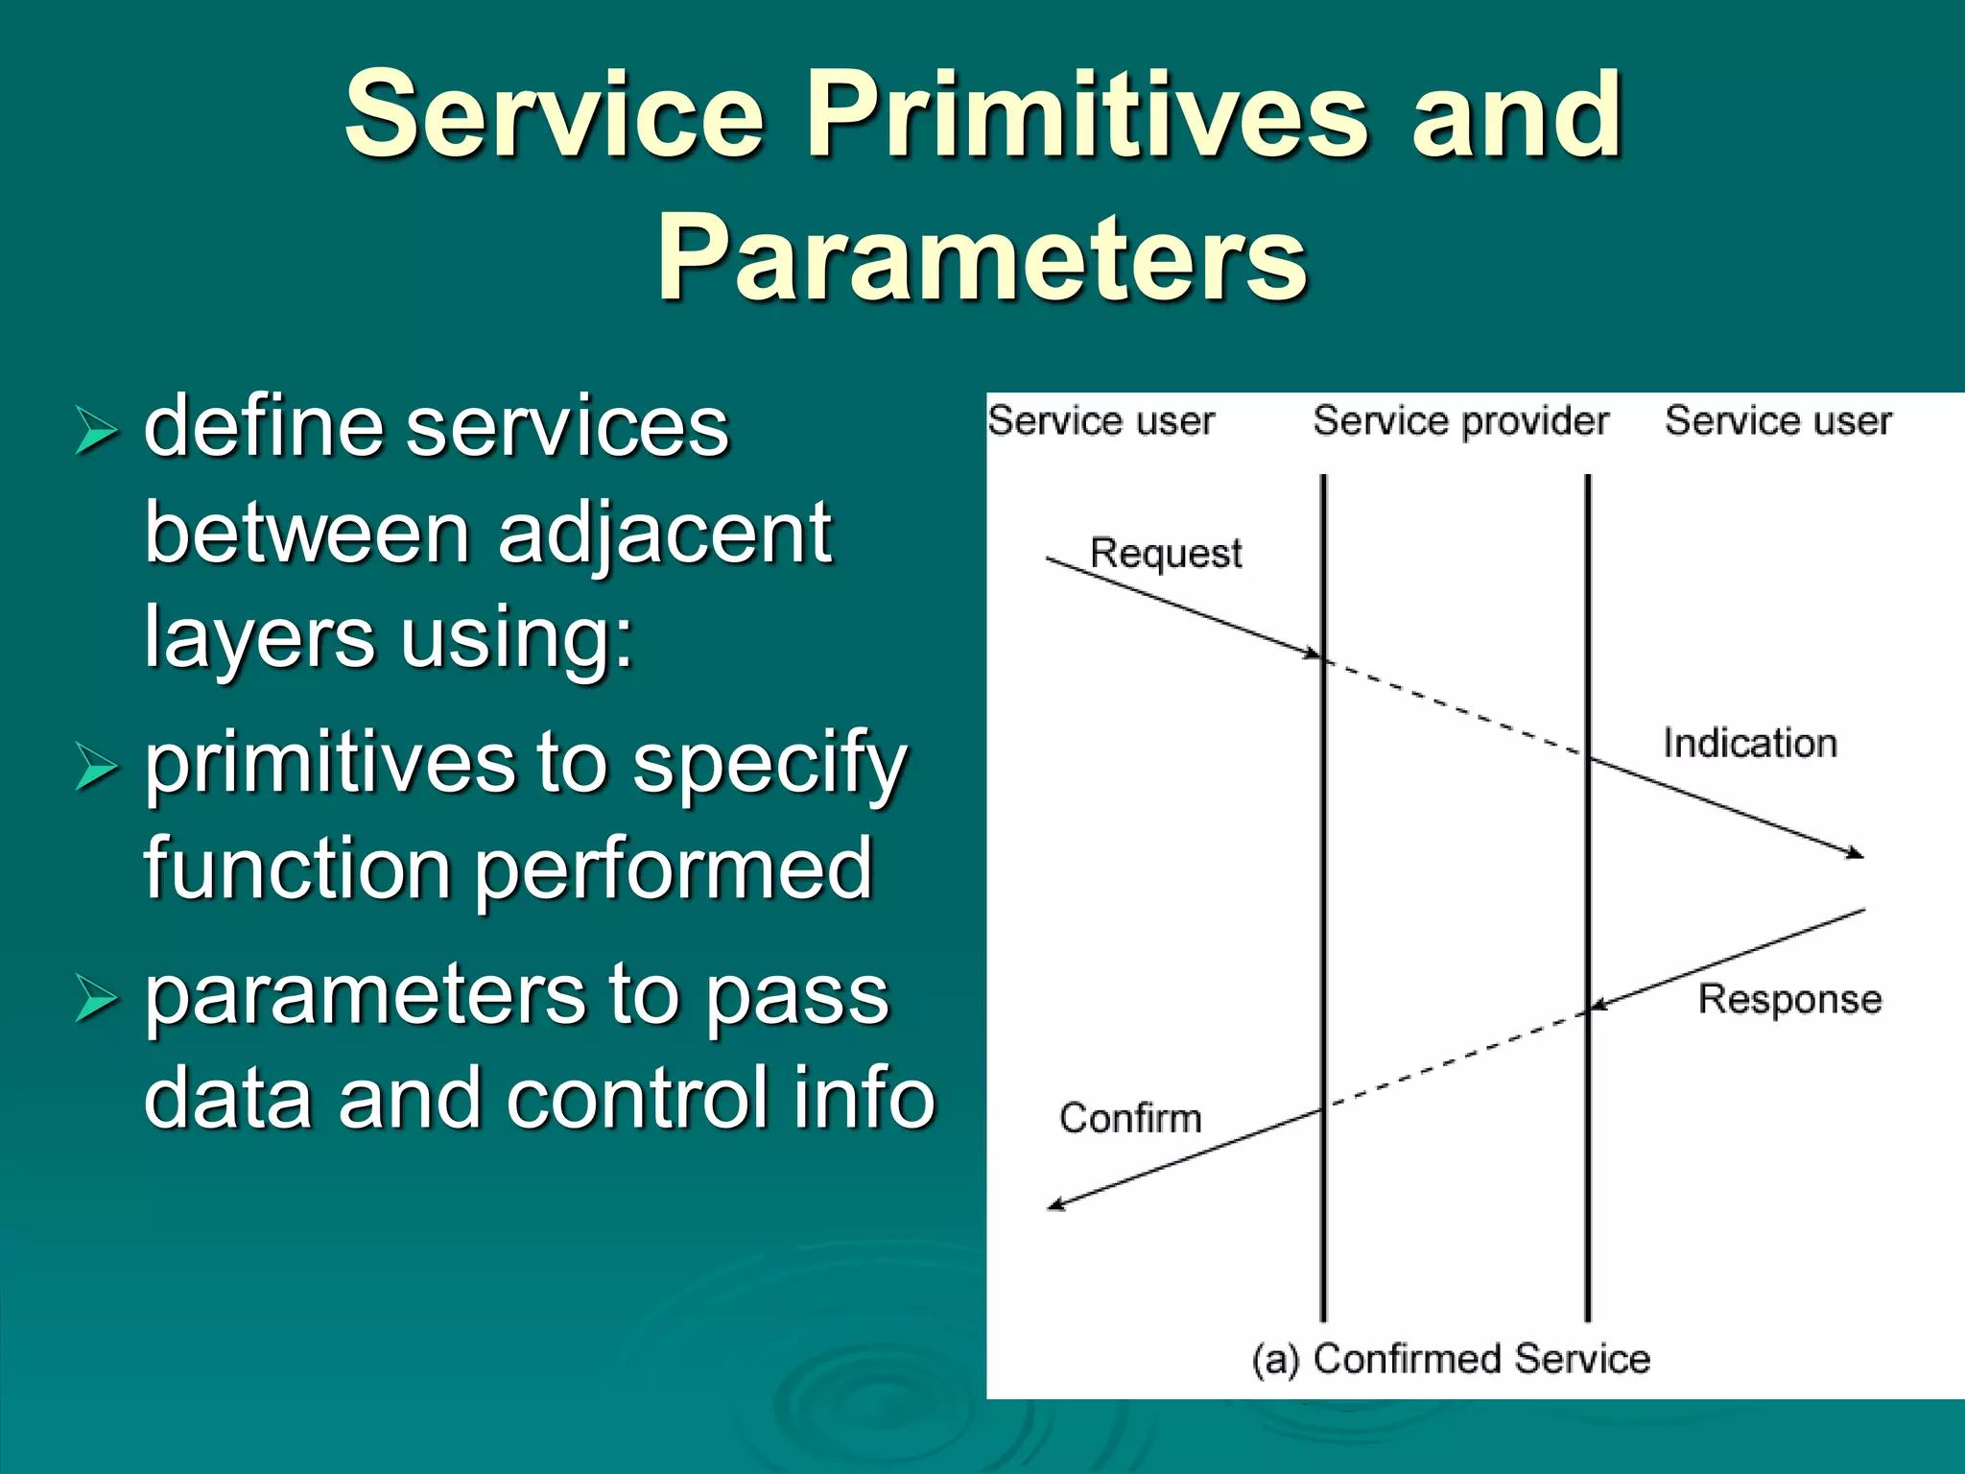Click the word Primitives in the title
pyautogui.click(x=1087, y=116)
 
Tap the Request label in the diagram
pyautogui.click(x=1165, y=554)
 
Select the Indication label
pyautogui.click(x=1749, y=744)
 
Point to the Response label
pyautogui.click(x=1789, y=999)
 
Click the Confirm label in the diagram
pyautogui.click(x=1129, y=1118)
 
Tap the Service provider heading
pyautogui.click(x=1459, y=421)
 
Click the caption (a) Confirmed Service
pyautogui.click(x=1451, y=1359)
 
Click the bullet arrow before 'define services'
pyautogui.click(x=96, y=430)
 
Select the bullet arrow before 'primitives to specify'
pyautogui.click(x=96, y=767)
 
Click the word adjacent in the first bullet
pyautogui.click(x=664, y=534)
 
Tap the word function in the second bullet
pyautogui.click(x=296, y=868)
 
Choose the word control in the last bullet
pyautogui.click(x=641, y=1099)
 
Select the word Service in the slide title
pyautogui.click(x=554, y=116)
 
